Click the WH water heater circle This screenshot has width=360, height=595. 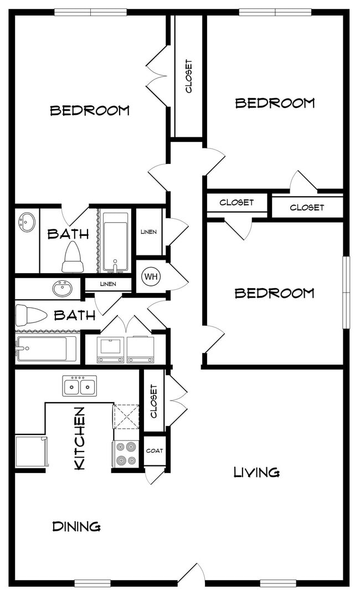tap(151, 276)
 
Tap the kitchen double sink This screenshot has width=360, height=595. tap(79, 386)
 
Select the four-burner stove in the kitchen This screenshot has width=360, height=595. tap(126, 454)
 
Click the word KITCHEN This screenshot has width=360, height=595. tap(79, 438)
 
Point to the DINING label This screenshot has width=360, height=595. tap(76, 526)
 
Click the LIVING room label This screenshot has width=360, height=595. tap(256, 472)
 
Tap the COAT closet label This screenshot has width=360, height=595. tap(155, 450)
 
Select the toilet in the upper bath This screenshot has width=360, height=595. tap(73, 257)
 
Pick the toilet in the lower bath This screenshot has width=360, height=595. tap(30, 315)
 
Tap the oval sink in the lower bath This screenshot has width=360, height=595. tap(63, 289)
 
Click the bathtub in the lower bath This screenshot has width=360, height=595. tap(46, 348)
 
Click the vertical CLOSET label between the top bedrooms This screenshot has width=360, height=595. tap(188, 76)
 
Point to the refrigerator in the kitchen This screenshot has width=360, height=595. tap(32, 452)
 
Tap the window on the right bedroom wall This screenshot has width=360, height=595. tap(346, 292)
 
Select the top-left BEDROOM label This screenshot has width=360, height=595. tap(90, 110)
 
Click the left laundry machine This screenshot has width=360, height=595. tap(110, 350)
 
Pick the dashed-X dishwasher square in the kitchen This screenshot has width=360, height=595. tap(126, 417)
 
